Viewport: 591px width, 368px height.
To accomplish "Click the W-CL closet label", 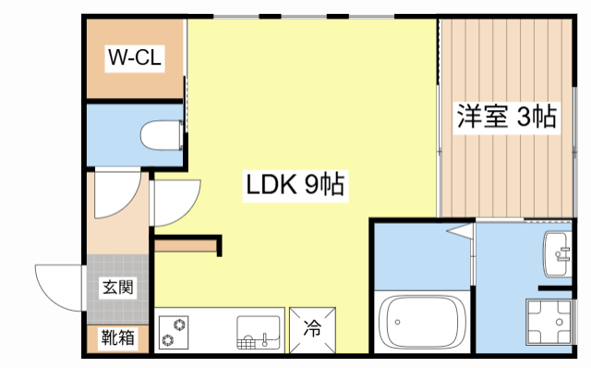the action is (136, 59).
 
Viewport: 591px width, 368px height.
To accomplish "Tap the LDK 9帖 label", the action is (295, 185).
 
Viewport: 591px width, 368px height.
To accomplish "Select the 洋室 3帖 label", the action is (506, 117).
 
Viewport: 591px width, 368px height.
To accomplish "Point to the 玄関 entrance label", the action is (118, 288).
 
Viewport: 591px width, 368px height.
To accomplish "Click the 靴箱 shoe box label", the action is (118, 338).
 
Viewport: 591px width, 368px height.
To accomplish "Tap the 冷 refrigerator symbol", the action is (313, 327).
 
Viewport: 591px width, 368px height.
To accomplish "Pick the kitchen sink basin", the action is (258, 330).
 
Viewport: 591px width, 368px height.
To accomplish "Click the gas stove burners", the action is (174, 332).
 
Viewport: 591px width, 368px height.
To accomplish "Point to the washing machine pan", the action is (553, 325).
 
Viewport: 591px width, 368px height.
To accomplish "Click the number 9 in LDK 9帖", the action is (311, 185).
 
